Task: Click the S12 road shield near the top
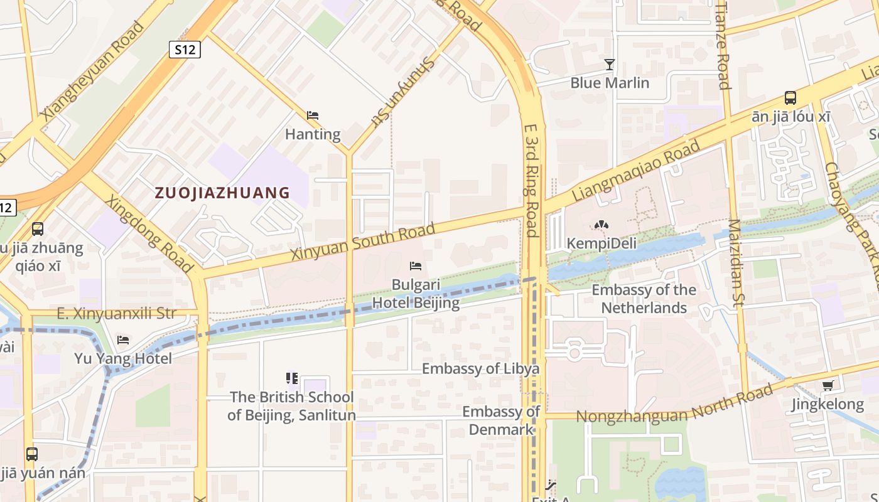(185, 50)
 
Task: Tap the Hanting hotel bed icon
(313, 115)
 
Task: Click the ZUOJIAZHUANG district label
(222, 193)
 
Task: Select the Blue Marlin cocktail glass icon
(609, 64)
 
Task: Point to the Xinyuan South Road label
(363, 242)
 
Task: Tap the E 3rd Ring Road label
(531, 179)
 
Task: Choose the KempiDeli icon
(601, 225)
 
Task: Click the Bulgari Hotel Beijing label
(416, 294)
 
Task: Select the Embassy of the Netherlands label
(644, 299)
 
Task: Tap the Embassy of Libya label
(480, 368)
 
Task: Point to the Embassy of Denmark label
(501, 420)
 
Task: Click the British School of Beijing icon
(292, 378)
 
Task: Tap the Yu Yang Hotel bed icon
(123, 340)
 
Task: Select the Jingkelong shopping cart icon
(828, 386)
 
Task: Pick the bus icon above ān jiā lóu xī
(790, 98)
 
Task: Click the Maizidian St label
(735, 264)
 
